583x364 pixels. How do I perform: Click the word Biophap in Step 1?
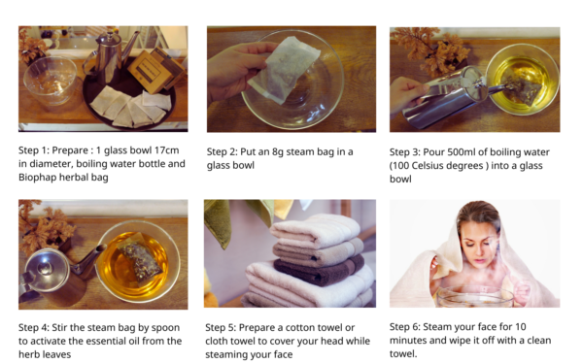click(37, 178)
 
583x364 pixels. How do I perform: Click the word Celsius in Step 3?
click(431, 166)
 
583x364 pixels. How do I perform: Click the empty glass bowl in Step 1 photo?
click(51, 81)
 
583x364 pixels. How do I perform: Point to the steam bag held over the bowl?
click(285, 70)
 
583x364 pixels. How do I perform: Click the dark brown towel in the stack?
click(319, 271)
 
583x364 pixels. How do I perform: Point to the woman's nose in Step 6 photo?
click(480, 249)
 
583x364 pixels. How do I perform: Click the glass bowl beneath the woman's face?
click(475, 296)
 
